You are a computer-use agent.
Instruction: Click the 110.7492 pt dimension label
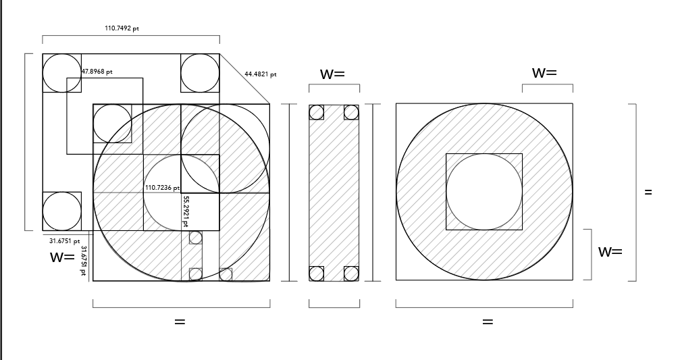[122, 28]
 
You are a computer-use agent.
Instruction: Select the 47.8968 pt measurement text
[97, 72]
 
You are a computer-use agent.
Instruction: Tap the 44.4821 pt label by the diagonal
[261, 74]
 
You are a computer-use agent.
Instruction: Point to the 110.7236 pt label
[162, 187]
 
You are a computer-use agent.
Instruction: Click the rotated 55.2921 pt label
[186, 211]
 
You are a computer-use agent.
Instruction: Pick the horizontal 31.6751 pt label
[65, 240]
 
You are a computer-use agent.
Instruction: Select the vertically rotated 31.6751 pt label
[84, 260]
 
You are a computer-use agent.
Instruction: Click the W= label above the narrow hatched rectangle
[333, 74]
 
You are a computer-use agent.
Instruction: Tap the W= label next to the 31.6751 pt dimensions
[62, 257]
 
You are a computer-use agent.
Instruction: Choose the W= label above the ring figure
[545, 72]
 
